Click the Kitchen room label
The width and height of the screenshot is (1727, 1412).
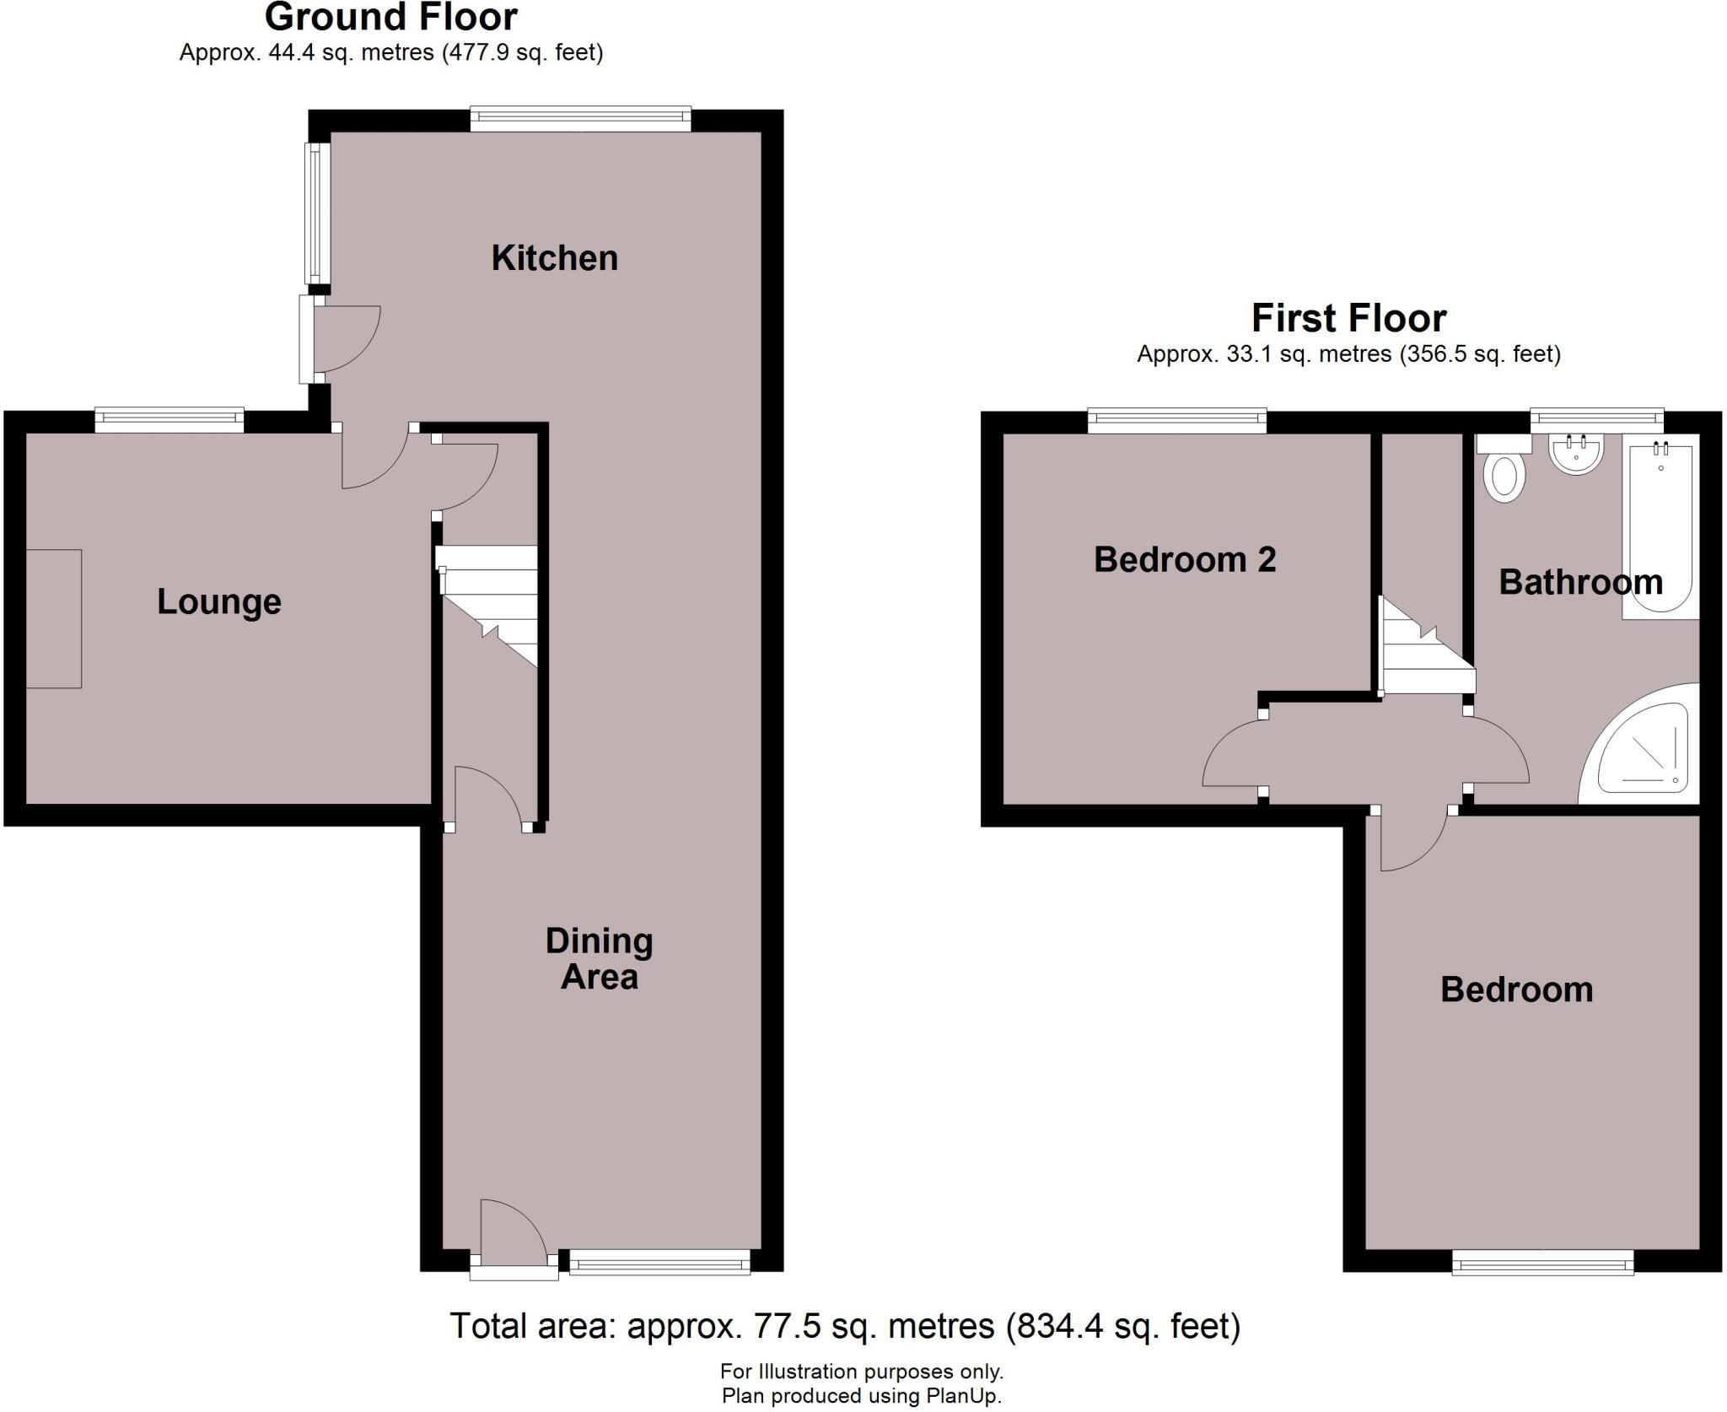click(x=554, y=258)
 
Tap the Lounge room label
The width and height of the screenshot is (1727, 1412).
click(x=218, y=601)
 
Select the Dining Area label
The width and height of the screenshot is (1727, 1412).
click(x=599, y=959)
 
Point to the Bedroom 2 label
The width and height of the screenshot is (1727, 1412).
click(x=1184, y=559)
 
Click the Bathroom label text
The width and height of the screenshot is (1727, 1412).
click(x=1580, y=582)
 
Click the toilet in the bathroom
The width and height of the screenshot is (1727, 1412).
click(x=1504, y=477)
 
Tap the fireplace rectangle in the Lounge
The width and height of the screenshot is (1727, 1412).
click(x=54, y=618)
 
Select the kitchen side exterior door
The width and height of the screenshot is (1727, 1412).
click(x=309, y=338)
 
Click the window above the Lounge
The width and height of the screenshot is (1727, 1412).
click(x=169, y=419)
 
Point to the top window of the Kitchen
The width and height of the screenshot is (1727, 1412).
click(x=580, y=119)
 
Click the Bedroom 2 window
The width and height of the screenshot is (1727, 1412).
click(x=1176, y=419)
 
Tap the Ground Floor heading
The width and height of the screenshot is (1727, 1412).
click(x=390, y=17)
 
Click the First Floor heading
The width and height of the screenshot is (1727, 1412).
click(x=1348, y=318)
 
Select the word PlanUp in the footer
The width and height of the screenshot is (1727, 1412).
click(x=961, y=1396)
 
